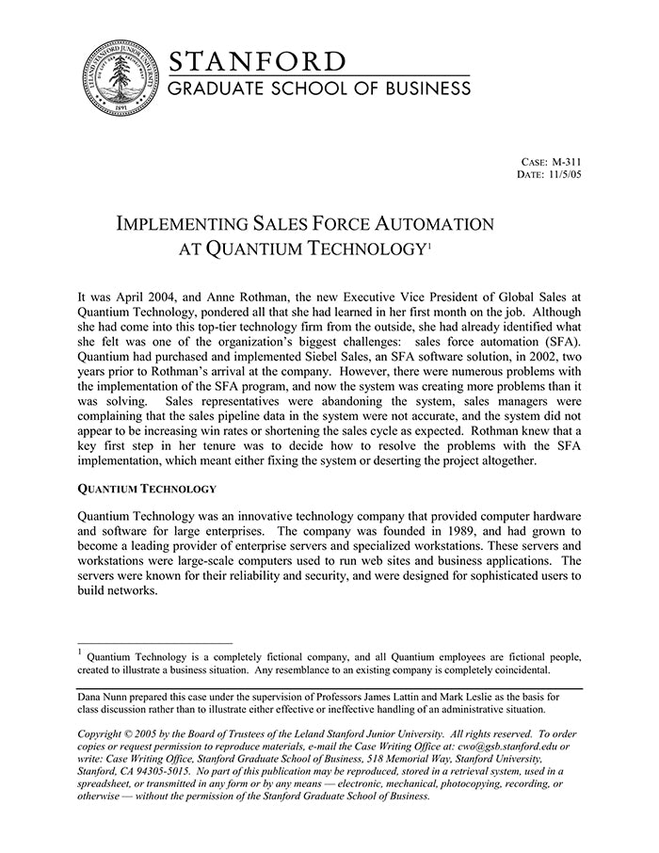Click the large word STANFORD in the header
[x=257, y=62]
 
